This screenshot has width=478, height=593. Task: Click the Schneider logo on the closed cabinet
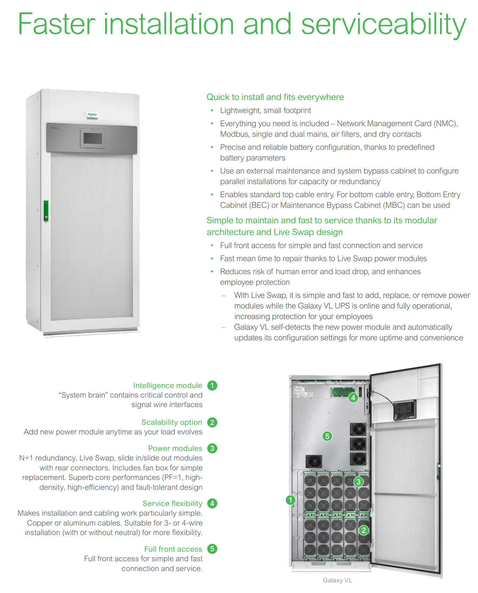point(92,115)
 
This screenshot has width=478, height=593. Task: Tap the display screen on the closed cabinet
point(93,138)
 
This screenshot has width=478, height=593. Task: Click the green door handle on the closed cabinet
point(46,211)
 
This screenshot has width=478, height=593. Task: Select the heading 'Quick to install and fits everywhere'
point(275,97)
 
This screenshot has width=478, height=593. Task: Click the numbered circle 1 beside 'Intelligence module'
point(212,386)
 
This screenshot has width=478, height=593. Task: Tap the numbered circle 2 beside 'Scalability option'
point(212,422)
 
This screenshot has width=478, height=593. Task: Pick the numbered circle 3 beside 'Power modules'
point(212,448)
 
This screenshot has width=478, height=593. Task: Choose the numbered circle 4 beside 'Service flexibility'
point(212,504)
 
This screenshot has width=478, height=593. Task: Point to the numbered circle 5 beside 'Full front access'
point(212,549)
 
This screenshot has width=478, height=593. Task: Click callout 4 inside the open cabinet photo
point(353,398)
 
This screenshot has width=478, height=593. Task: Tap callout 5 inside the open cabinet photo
point(327,436)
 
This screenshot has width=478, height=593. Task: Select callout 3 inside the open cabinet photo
point(359,482)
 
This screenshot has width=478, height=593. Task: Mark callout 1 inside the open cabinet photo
point(290,500)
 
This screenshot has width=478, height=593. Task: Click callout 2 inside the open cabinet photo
point(364,530)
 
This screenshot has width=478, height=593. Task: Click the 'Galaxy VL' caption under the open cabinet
point(337,580)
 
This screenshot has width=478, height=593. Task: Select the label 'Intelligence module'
point(167,386)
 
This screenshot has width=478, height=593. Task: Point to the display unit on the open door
point(405,410)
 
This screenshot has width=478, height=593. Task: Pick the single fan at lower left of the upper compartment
point(314,461)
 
